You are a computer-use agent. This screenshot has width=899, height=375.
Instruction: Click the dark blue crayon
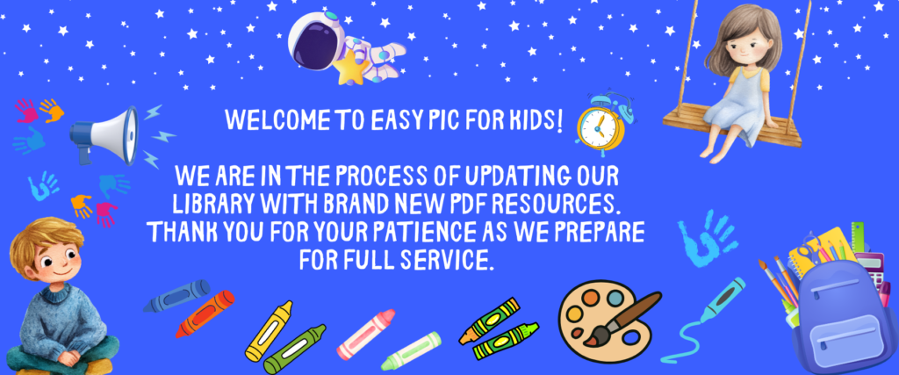[x=176, y=295]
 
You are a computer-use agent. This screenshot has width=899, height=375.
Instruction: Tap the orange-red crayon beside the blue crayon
[x=205, y=314]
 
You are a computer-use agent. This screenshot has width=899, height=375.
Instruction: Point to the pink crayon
[x=366, y=335]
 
